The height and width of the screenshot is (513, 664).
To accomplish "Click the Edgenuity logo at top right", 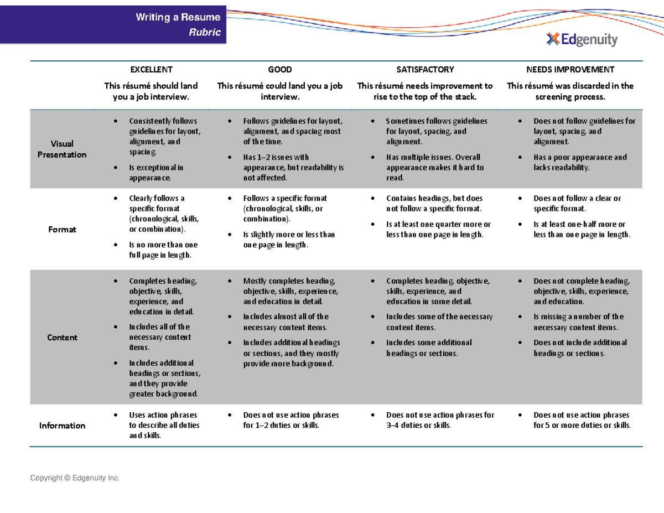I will [582, 39].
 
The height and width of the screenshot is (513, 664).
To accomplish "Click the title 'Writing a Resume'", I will [178, 18].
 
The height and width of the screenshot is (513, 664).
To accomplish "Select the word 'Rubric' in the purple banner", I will [205, 32].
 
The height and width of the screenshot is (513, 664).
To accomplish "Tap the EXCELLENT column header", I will [151, 70].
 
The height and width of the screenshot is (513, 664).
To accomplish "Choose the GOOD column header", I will [280, 70].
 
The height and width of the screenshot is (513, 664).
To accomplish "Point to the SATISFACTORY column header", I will [425, 70].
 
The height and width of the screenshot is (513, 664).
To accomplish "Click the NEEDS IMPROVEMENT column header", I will [570, 70].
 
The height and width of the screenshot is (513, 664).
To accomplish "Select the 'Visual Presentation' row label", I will [62, 149].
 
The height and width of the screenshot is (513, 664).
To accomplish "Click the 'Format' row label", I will [62, 229].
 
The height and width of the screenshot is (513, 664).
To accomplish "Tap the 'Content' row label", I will [62, 338].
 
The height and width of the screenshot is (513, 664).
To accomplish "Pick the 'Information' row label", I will [62, 426].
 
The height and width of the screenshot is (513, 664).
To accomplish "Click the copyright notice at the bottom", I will [75, 478].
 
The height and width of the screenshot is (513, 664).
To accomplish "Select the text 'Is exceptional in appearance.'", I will [156, 173].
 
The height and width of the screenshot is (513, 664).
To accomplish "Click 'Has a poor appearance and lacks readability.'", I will [580, 162].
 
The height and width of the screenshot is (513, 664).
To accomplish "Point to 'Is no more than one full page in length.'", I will [163, 250].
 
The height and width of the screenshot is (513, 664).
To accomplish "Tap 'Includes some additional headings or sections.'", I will [429, 348].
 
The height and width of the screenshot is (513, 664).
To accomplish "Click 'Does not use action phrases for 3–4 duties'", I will [440, 420].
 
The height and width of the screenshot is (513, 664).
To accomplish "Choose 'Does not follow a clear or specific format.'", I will [577, 203].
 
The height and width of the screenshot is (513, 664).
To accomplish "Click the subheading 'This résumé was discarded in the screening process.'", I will [570, 91].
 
